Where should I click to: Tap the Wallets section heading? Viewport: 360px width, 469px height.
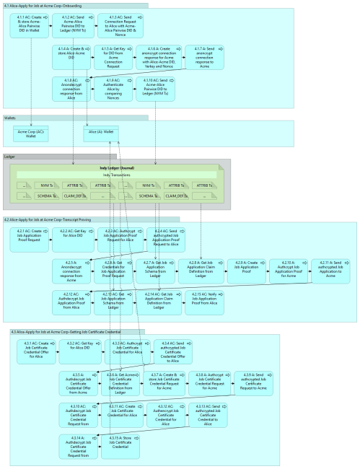(x=10, y=117)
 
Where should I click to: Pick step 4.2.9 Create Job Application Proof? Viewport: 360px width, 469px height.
(x=246, y=266)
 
